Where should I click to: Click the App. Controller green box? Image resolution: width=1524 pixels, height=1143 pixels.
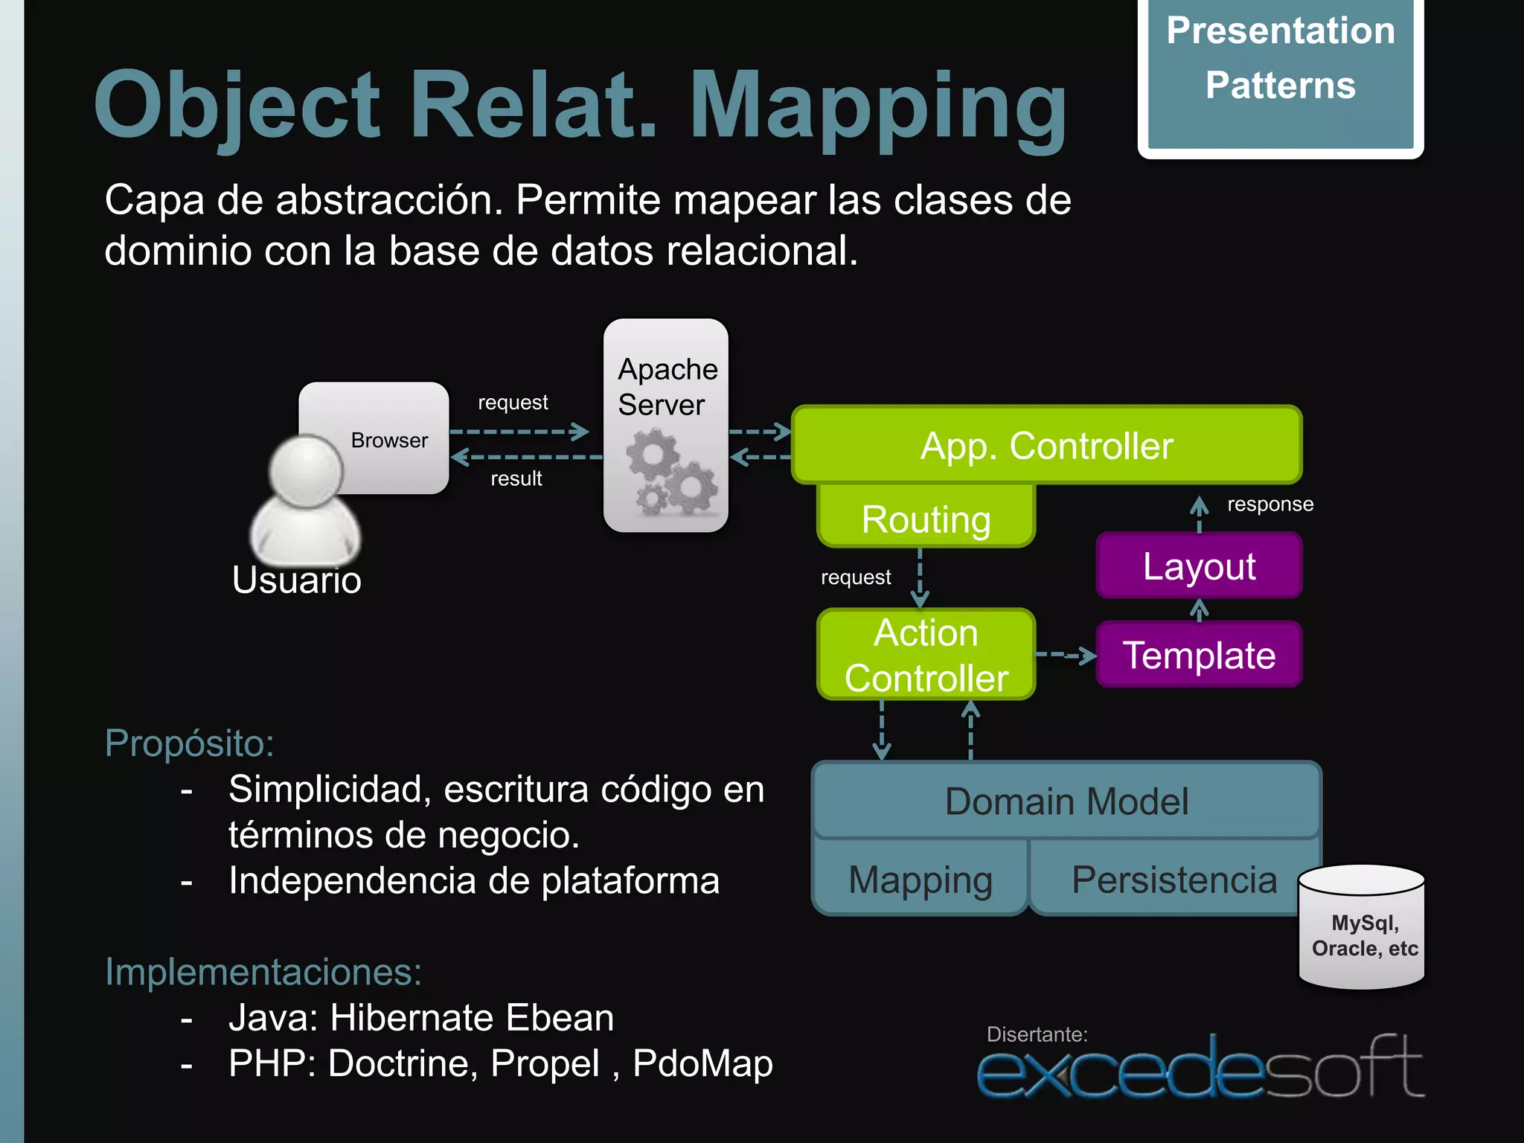[x=1046, y=446]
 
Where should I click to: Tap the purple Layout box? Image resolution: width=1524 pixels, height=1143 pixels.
[x=1199, y=566]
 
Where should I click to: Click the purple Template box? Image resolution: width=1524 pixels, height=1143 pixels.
[x=1199, y=656]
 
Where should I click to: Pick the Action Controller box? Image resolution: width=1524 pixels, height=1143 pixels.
[x=926, y=655]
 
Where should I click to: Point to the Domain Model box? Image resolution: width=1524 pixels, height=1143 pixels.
[x=1066, y=801]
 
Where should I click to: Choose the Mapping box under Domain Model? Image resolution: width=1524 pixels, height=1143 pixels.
[x=921, y=880]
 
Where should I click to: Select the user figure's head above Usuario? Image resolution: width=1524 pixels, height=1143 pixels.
[x=305, y=471]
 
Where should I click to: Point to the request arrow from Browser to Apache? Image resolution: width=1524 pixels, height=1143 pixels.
[x=519, y=431]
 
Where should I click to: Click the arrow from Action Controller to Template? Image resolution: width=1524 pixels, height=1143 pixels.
[x=1066, y=655]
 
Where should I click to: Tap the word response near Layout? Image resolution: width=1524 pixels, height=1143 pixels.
[x=1270, y=505]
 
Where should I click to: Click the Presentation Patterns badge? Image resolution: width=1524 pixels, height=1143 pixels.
[x=1280, y=74]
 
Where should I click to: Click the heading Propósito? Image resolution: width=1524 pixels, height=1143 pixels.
[x=189, y=743]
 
